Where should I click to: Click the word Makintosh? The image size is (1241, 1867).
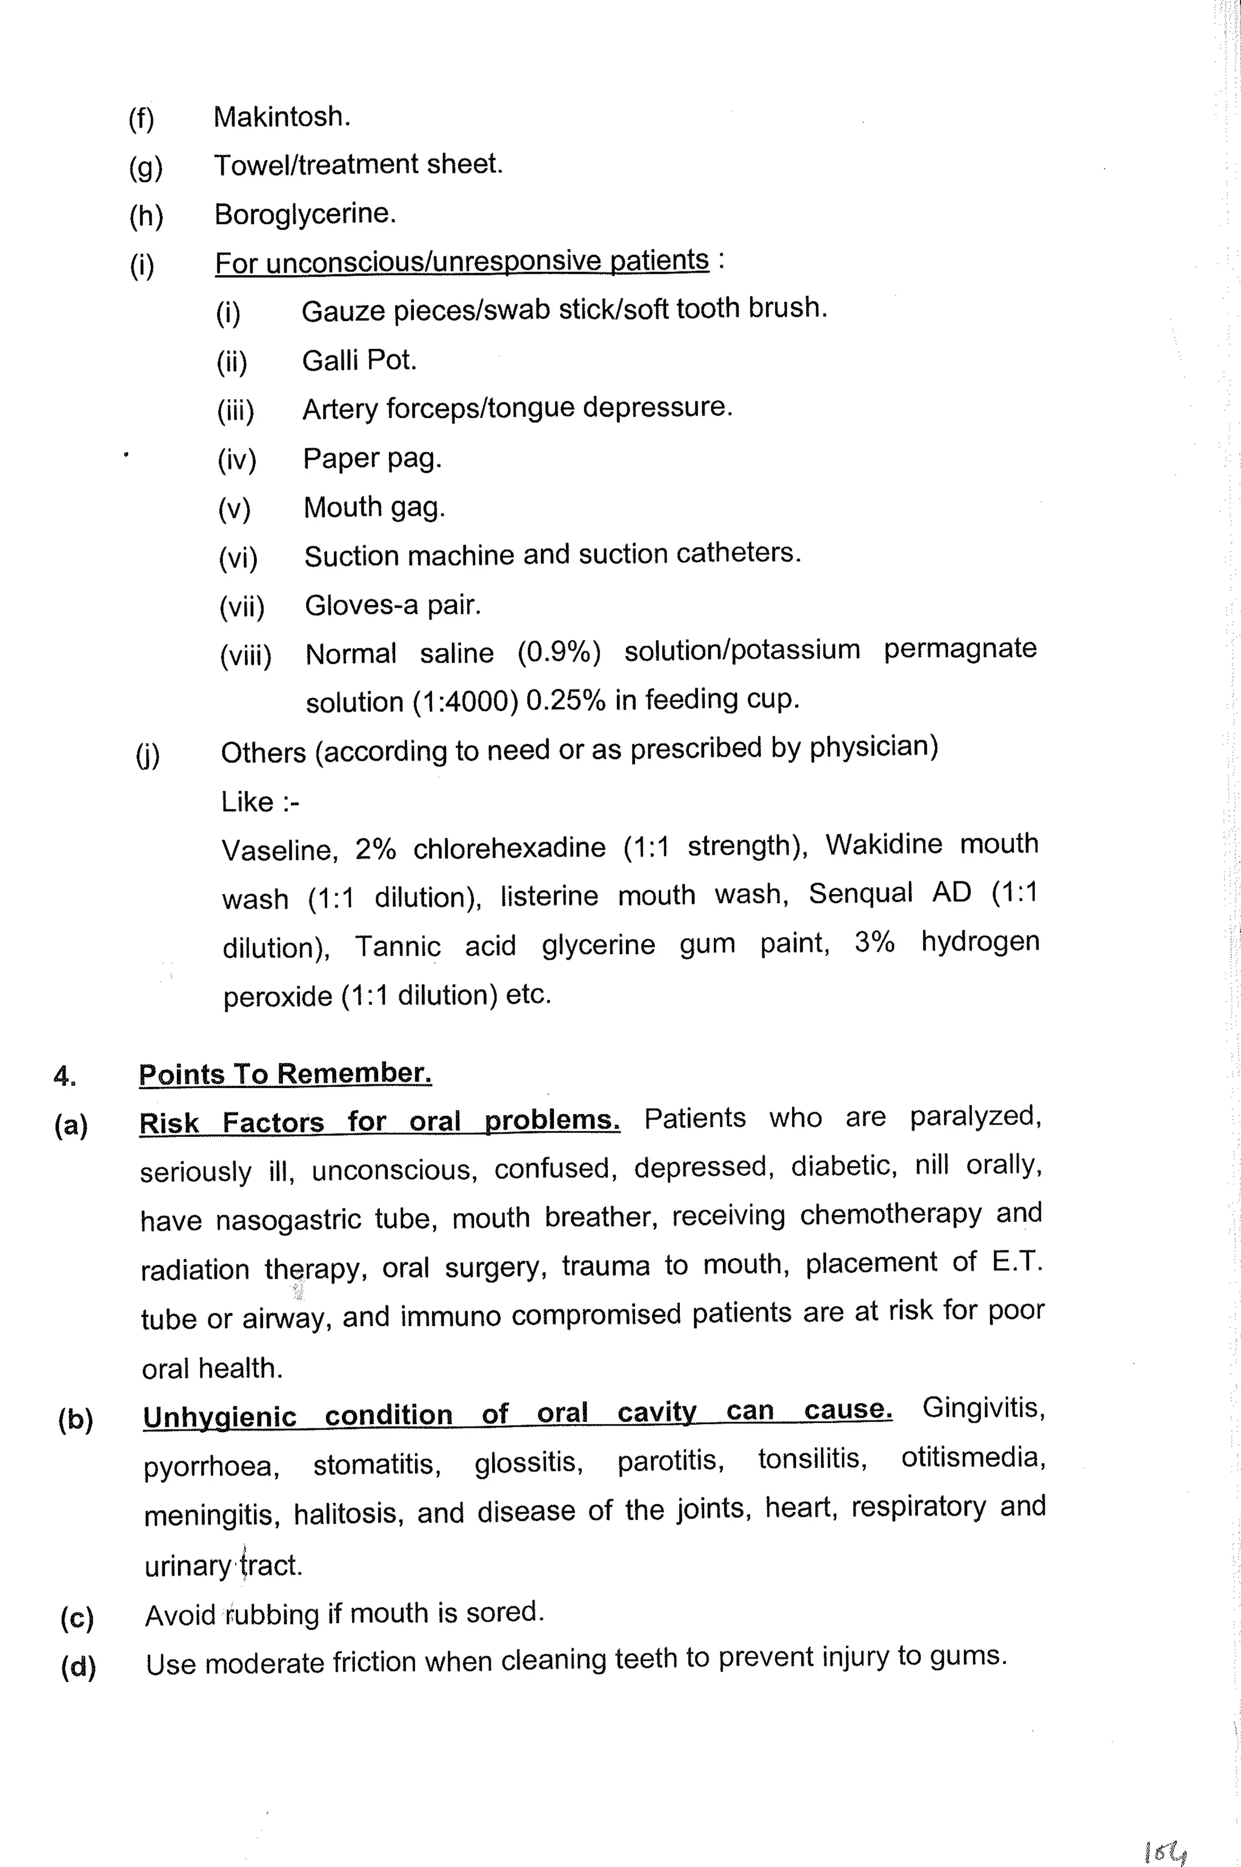(x=281, y=117)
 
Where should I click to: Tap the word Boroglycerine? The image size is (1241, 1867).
(x=305, y=214)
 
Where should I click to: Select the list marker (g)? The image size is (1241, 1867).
(x=145, y=168)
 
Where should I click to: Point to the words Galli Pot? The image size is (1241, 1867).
(x=359, y=361)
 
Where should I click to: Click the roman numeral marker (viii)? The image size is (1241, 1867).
(x=245, y=656)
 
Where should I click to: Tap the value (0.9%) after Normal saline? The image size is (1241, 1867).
(x=559, y=652)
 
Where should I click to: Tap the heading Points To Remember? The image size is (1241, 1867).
(x=285, y=1074)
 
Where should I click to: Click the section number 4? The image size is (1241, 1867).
(x=65, y=1076)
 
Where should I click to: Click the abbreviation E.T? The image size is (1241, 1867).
(x=1016, y=1261)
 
